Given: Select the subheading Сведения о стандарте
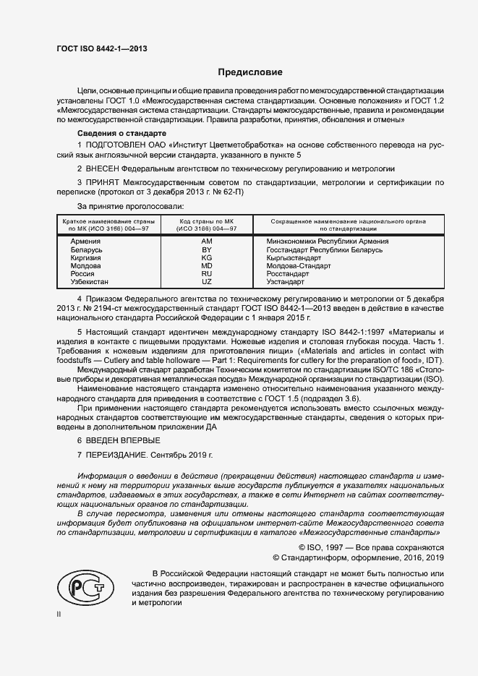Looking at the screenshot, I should point(122,134).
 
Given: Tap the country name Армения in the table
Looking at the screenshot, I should point(85,241).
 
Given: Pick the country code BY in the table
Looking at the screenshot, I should point(206,249).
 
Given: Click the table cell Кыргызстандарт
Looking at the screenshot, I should point(294,257).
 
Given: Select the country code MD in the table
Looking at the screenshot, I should point(206,266).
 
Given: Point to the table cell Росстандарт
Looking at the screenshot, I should point(288,274).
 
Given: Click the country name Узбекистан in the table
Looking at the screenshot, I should point(90,282).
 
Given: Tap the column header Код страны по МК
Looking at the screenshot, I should point(208,221).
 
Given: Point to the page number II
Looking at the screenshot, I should point(59,614).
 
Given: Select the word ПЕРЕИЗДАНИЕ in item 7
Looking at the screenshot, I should point(117,455).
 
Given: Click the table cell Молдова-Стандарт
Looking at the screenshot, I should point(299,266).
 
